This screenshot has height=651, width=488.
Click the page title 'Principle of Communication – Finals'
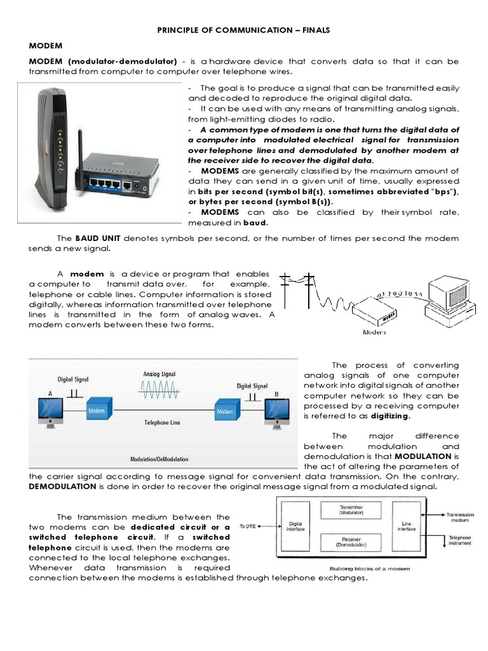(x=244, y=30)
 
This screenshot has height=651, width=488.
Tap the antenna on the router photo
(x=80, y=148)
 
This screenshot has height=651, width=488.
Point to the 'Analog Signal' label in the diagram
(x=159, y=375)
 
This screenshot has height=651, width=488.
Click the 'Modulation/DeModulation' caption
(x=159, y=458)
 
